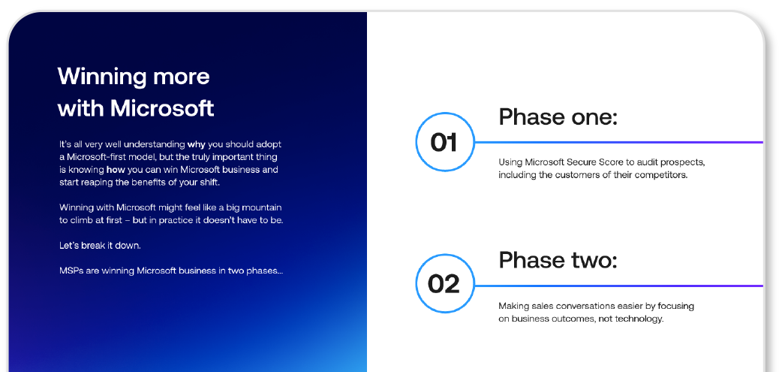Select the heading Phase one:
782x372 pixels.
(x=558, y=116)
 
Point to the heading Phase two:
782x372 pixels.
(x=558, y=260)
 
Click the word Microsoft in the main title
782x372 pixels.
(x=162, y=108)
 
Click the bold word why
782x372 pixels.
(x=197, y=144)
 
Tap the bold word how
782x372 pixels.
(x=116, y=170)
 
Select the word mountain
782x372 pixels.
(x=263, y=207)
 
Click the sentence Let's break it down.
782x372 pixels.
(x=100, y=246)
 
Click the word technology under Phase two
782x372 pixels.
(x=639, y=319)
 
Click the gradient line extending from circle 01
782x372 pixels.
(x=618, y=142)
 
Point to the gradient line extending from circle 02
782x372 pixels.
(x=618, y=286)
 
